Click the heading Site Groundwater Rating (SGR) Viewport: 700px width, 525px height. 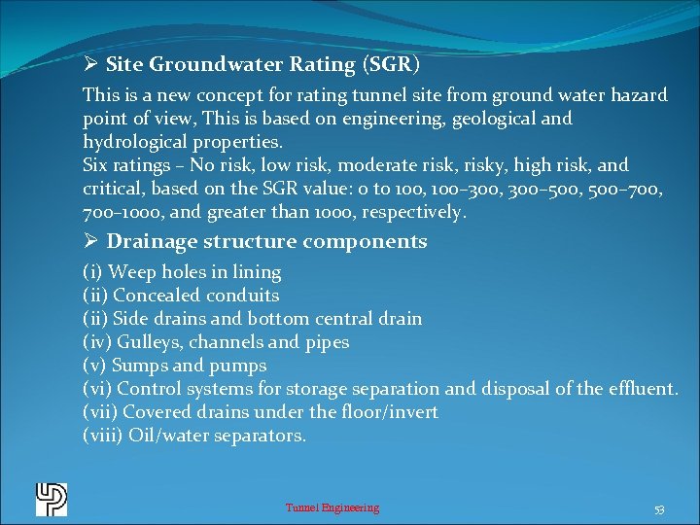click(262, 65)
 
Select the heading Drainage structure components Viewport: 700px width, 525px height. click(266, 242)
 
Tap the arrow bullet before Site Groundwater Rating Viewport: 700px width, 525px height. click(90, 65)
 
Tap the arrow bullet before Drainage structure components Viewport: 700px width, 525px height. click(90, 242)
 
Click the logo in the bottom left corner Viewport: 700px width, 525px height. click(52, 499)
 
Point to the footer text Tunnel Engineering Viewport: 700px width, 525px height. click(332, 507)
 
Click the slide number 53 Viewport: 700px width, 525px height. click(659, 509)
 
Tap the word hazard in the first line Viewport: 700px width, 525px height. click(638, 95)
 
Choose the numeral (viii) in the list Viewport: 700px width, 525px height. click(103, 436)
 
